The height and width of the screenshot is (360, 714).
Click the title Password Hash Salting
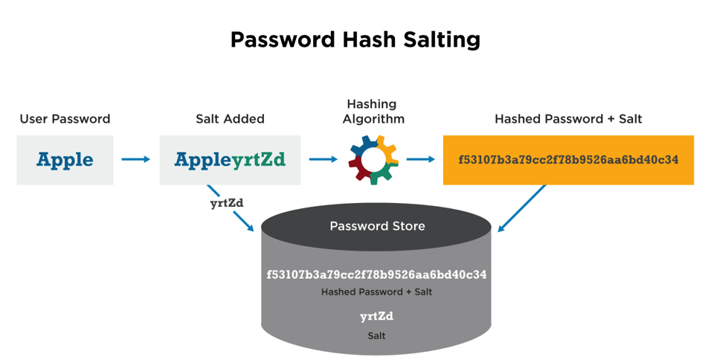[355, 39]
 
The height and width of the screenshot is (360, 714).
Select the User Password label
[65, 119]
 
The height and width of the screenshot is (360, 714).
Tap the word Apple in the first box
[65, 159]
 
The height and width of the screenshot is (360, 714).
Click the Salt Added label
[230, 119]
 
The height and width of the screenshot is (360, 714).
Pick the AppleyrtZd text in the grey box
[230, 159]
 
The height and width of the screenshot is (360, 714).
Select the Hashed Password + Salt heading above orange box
[567, 119]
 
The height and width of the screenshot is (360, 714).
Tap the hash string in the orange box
[567, 159]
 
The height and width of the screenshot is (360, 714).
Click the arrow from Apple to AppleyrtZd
[136, 159]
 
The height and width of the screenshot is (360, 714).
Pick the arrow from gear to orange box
[421, 159]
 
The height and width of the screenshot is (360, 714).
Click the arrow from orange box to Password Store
[522, 208]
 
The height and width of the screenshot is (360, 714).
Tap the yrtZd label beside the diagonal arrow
[226, 202]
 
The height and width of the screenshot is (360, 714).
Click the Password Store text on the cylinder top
[377, 225]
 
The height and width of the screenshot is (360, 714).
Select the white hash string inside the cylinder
[376, 274]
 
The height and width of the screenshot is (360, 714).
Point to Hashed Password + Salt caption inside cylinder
[376, 292]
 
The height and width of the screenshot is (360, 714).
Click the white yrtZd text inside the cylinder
[376, 317]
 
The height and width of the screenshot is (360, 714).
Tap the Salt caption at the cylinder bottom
[376, 335]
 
